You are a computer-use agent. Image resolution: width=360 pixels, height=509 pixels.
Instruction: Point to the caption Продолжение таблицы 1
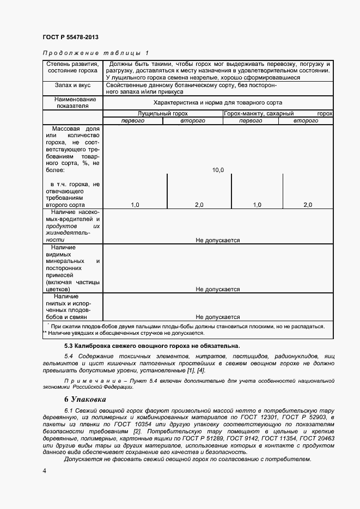(95, 53)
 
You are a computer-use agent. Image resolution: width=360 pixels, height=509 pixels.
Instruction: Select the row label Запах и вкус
(72, 85)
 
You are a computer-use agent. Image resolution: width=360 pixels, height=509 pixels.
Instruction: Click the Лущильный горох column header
(162, 114)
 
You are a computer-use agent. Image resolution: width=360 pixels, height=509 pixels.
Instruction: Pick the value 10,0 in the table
(218, 170)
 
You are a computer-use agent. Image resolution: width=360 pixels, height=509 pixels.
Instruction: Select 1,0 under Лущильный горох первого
(135, 205)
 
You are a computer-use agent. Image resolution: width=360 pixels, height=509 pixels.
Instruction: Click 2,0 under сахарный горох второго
(308, 205)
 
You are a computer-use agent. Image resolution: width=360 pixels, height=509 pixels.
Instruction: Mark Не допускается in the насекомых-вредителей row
(218, 240)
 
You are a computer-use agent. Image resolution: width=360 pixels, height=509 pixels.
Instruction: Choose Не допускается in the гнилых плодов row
(218, 317)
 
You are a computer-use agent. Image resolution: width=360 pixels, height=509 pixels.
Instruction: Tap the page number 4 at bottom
(44, 470)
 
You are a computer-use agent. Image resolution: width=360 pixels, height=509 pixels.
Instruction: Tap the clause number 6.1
(69, 408)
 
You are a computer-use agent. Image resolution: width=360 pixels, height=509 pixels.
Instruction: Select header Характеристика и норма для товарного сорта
(218, 102)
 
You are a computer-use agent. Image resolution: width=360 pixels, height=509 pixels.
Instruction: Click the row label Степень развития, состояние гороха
(72, 67)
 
